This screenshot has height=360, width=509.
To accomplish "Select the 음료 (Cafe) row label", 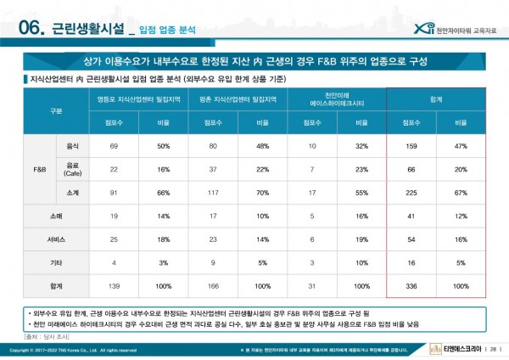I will [x=72, y=170].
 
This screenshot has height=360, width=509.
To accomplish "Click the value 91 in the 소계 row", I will [x=114, y=194].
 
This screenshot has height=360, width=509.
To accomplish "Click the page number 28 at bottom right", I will [x=493, y=350].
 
